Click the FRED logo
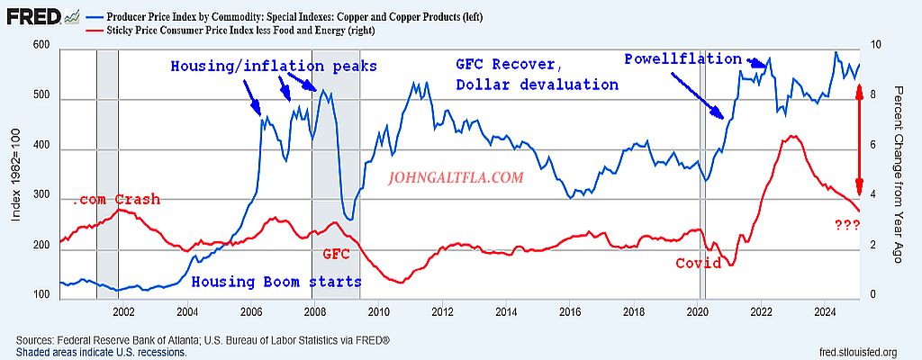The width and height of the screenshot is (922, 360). (x=36, y=16)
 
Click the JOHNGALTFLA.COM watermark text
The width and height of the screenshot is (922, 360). (x=456, y=178)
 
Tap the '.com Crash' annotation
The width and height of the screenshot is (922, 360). (x=117, y=199)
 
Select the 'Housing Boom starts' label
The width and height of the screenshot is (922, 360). (x=276, y=282)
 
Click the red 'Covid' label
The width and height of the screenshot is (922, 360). (x=699, y=264)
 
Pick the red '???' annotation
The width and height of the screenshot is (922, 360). (x=846, y=225)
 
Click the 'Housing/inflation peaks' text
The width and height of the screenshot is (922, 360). (x=274, y=67)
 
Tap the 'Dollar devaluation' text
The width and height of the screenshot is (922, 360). (x=538, y=85)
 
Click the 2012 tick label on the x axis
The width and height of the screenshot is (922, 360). (x=442, y=312)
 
